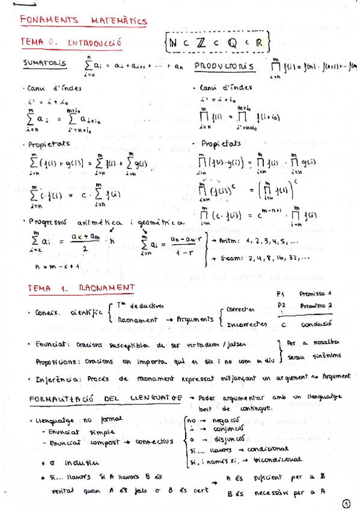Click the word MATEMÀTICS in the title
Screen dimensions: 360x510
[119, 21]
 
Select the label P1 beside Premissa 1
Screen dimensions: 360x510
[280, 295]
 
